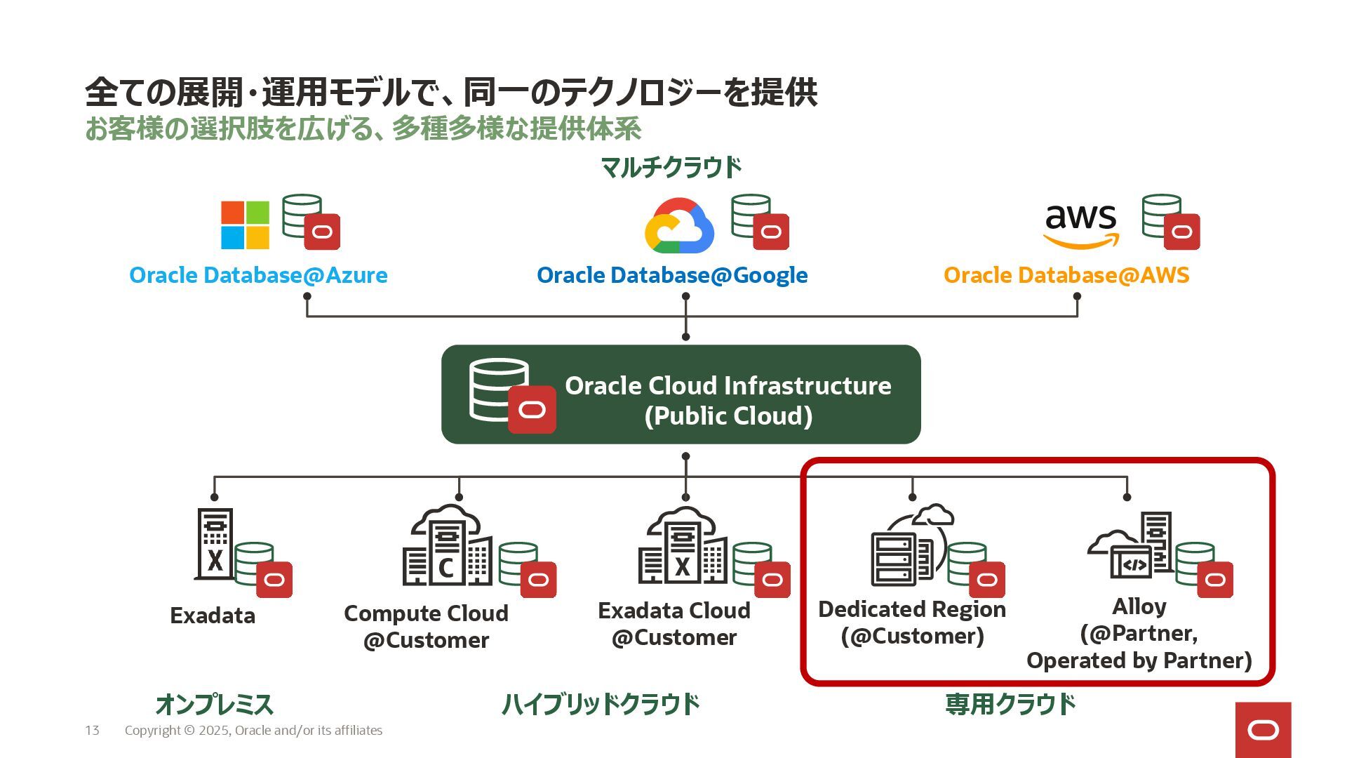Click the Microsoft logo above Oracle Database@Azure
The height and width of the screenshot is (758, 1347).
pyautogui.click(x=245, y=225)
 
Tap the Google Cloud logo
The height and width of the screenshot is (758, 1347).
pyautogui.click(x=678, y=226)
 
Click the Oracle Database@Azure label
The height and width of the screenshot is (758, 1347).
pyautogui.click(x=258, y=275)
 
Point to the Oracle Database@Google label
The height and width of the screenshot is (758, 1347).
pyautogui.click(x=672, y=275)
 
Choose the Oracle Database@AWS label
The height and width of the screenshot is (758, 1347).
pyautogui.click(x=1066, y=275)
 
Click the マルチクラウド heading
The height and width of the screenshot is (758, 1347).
pyautogui.click(x=671, y=168)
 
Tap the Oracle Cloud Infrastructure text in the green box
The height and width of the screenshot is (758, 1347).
pyautogui.click(x=728, y=386)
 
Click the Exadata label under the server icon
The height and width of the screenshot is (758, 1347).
pyautogui.click(x=213, y=616)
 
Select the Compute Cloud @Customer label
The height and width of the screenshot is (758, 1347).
pyautogui.click(x=426, y=627)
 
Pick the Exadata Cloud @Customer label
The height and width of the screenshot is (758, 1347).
pyautogui.click(x=673, y=624)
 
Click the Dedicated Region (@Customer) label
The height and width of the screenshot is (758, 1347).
pyautogui.click(x=912, y=623)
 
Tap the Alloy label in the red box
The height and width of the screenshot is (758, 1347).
pyautogui.click(x=1139, y=606)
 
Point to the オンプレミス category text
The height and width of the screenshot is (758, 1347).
pyautogui.click(x=214, y=704)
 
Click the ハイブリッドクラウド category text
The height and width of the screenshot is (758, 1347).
pyautogui.click(x=601, y=704)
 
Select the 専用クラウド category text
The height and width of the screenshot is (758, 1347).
pyautogui.click(x=1010, y=704)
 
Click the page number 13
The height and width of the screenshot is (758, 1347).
pyautogui.click(x=92, y=731)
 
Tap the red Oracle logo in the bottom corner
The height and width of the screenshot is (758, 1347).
pyautogui.click(x=1263, y=730)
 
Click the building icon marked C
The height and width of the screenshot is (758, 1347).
pyautogui.click(x=446, y=547)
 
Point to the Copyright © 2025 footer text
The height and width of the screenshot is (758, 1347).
pyautogui.click(x=253, y=731)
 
